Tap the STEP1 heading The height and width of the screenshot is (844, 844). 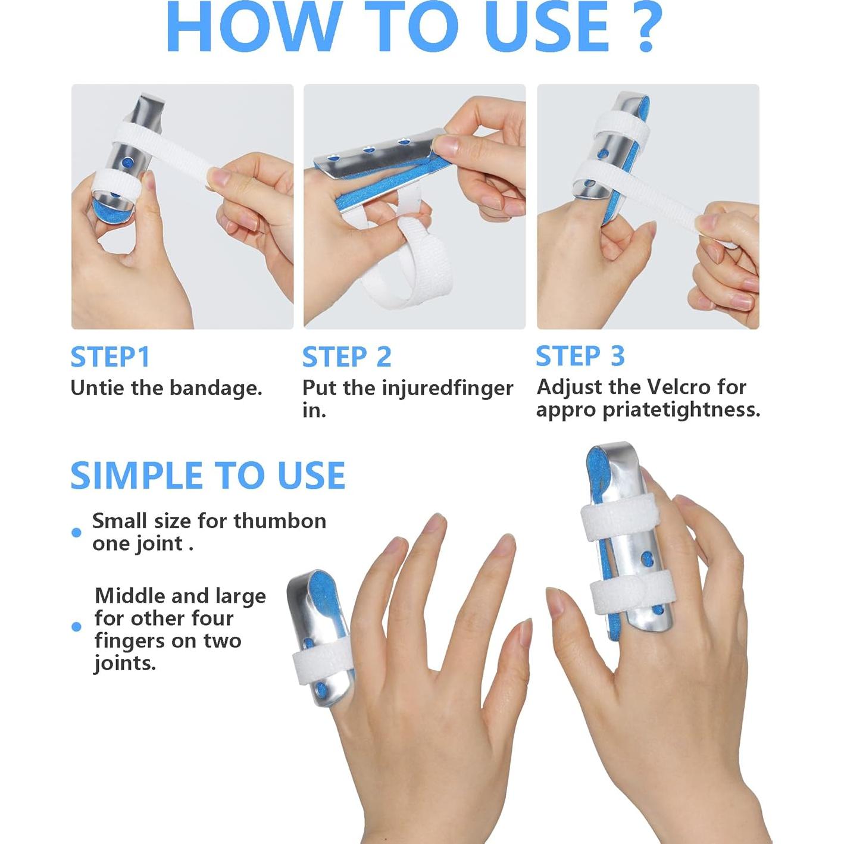[110, 357]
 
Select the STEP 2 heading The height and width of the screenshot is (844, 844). [346, 357]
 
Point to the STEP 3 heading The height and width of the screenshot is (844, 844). [580, 356]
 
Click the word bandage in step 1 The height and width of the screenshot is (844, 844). [215, 389]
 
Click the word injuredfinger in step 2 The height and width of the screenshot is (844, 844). [448, 389]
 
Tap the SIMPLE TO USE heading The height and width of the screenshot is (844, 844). [208, 476]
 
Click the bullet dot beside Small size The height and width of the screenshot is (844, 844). [76, 533]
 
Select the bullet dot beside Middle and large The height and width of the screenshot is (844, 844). [76, 627]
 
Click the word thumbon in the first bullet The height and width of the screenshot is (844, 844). [280, 521]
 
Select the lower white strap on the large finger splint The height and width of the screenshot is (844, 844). [629, 593]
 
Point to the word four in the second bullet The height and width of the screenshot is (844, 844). [215, 618]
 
